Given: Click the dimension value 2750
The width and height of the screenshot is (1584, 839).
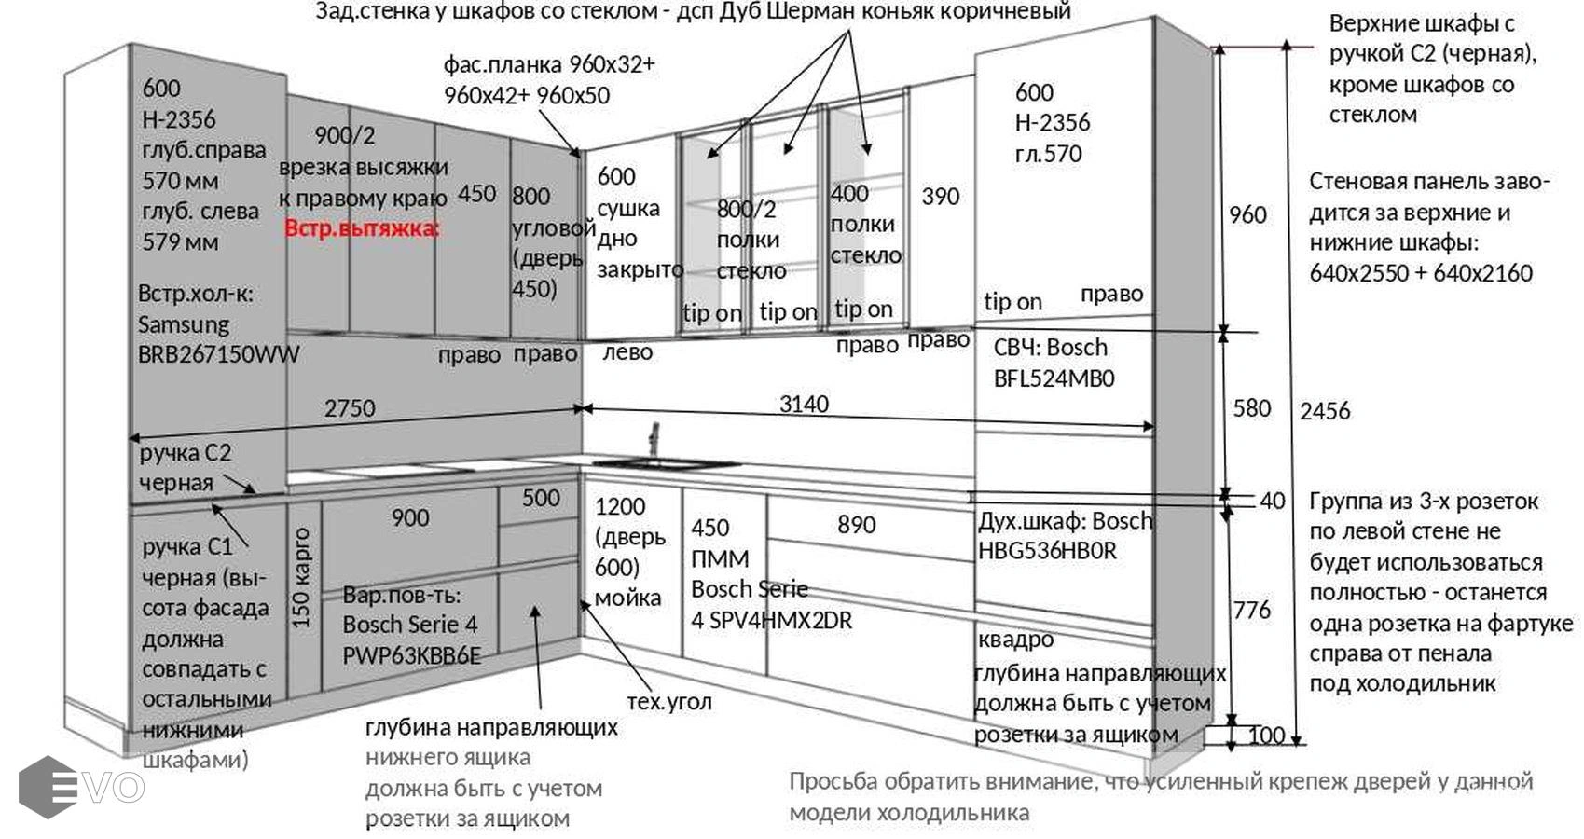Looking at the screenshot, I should (350, 408).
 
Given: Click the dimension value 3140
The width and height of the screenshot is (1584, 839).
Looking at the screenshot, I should (804, 404).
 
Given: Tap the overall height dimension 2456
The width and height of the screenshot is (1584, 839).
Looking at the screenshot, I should (1325, 411).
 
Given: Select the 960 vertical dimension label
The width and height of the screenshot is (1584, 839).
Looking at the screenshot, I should (1247, 215).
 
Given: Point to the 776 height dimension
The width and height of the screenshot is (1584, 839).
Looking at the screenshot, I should (1252, 611).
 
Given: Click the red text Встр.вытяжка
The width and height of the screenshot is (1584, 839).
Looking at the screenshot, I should (362, 228).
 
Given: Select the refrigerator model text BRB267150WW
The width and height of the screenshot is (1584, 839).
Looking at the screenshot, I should (219, 354).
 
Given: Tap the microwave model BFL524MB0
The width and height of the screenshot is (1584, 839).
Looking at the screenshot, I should (1054, 378).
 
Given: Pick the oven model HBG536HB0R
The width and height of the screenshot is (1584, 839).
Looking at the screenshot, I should (1047, 551).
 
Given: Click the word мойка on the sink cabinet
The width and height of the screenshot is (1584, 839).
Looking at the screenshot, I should (627, 598).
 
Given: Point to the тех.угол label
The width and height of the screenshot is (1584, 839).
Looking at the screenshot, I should (668, 702).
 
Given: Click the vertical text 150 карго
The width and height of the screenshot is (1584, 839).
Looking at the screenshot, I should (301, 578).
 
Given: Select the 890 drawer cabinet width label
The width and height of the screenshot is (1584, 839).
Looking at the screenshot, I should (856, 525).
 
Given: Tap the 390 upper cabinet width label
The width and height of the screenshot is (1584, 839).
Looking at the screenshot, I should (940, 197).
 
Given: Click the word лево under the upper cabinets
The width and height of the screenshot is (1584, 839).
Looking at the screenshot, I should (627, 352).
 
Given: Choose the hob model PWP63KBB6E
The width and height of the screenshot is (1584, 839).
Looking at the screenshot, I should (411, 655).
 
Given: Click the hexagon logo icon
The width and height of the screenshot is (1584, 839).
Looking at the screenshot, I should (47, 787).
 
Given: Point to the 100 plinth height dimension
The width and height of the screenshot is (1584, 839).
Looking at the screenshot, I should (1266, 736).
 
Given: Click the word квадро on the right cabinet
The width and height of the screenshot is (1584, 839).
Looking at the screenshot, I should (1015, 640).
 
